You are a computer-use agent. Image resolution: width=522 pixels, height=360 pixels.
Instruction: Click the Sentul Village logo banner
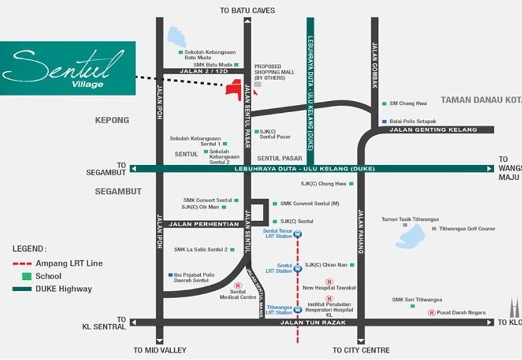pyautogui.click(x=68, y=68)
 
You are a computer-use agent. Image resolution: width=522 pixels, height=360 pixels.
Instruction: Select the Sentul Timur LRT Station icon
pyautogui.click(x=298, y=234)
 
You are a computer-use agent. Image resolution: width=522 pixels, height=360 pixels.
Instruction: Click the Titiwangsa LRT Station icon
pyautogui.click(x=298, y=310)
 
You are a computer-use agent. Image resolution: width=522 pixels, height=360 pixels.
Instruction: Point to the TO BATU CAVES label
pyautogui.click(x=247, y=10)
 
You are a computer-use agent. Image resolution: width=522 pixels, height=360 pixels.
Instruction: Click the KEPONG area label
pyautogui.click(x=112, y=121)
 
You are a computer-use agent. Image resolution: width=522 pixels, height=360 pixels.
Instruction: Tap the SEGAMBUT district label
pyautogui.click(x=118, y=191)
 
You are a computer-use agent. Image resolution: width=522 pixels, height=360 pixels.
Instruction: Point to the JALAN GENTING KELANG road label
pyautogui.click(x=433, y=130)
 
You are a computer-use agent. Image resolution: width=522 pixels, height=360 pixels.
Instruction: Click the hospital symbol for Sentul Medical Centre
pyautogui.click(x=238, y=285)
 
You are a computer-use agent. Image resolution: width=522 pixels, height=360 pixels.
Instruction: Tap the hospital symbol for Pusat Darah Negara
pyautogui.click(x=431, y=312)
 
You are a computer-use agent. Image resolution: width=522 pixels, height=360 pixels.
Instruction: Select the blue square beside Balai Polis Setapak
pyautogui.click(x=384, y=121)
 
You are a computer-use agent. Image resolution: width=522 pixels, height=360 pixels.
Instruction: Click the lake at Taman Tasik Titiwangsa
pyautogui.click(x=410, y=236)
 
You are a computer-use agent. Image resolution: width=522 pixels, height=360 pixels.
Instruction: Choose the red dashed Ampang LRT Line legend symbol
pyautogui.click(x=22, y=263)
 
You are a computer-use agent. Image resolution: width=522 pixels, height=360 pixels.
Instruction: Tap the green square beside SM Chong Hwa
pyautogui.click(x=384, y=104)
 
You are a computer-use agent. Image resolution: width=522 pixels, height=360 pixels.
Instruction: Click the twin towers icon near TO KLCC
pyautogui.click(x=513, y=309)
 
